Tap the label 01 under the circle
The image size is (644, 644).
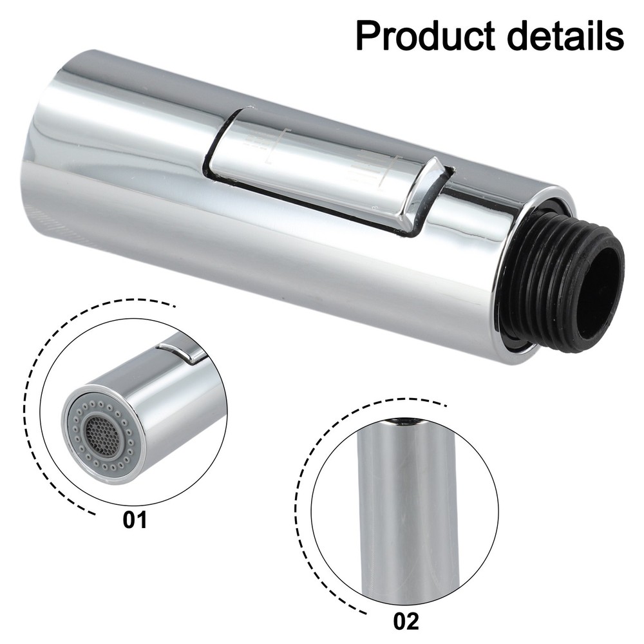[135, 519]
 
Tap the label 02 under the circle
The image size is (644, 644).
[406, 621]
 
